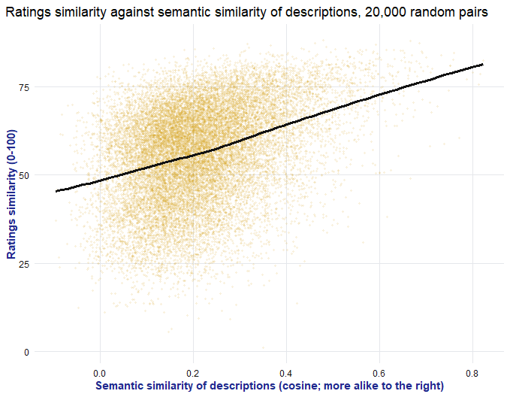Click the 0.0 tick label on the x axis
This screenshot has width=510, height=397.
(x=100, y=374)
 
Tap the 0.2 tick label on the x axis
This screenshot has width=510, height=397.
(x=193, y=374)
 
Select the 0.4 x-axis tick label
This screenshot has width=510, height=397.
(x=286, y=374)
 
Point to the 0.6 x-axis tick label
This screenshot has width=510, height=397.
(x=379, y=374)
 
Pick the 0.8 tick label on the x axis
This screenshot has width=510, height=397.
(x=472, y=374)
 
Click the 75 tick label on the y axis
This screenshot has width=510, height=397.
(x=24, y=87)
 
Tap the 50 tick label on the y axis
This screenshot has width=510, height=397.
(x=24, y=175)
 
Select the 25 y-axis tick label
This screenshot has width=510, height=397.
(x=24, y=264)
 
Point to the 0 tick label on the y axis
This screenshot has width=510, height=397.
(x=27, y=353)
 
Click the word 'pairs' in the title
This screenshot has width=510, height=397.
(x=473, y=13)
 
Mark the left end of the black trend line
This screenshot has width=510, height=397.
(x=56, y=191)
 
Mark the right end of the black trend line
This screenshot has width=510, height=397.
(x=483, y=65)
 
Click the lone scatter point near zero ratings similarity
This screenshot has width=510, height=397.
(x=263, y=348)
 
